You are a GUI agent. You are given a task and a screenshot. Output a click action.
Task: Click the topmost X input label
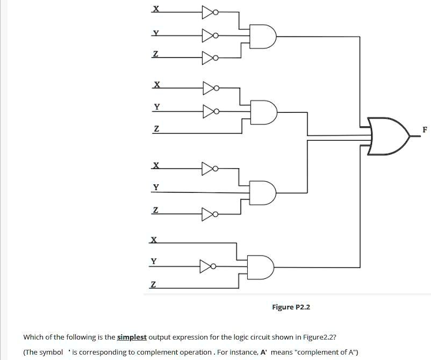coord(156,9)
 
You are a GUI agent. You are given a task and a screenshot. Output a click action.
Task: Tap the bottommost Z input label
coord(154,284)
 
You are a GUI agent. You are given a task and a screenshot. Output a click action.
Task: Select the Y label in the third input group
coord(156,187)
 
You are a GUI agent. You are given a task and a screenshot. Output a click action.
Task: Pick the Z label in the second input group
coord(156,129)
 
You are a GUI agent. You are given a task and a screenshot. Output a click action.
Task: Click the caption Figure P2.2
coord(291,307)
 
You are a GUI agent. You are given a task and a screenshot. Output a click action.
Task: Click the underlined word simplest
coord(132,337)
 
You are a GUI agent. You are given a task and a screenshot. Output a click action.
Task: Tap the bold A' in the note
coord(264,352)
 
